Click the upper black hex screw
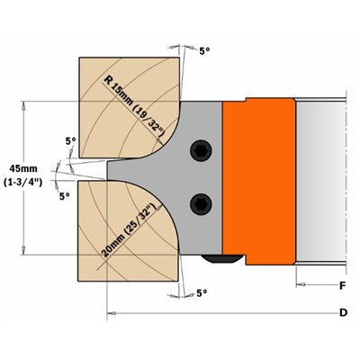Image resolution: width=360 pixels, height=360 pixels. pos(201,150)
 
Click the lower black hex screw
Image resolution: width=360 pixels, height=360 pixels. pos(201,204)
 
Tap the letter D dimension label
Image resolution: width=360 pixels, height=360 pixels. pos(343,313)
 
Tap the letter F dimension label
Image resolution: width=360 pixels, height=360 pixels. pos(343,286)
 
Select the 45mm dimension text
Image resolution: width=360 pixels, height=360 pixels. pos(23,168)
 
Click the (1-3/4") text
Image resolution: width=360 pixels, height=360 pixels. pos(23,183)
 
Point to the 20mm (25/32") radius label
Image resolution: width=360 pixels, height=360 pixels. pos(130,230)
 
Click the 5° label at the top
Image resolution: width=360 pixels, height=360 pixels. pos(204,51)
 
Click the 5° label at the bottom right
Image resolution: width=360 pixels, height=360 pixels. pos(202,292)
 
